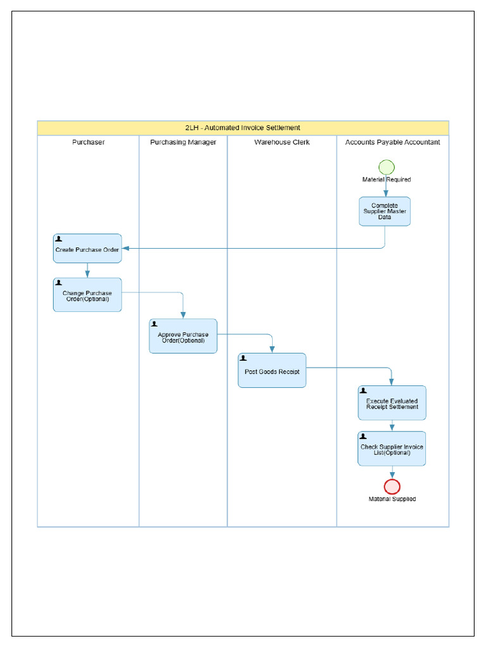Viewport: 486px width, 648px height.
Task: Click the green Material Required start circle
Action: pos(386,167)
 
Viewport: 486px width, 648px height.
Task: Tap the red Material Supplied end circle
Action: pos(392,486)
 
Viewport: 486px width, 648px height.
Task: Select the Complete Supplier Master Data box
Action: pos(385,211)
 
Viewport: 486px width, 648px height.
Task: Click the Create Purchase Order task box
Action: pos(87,249)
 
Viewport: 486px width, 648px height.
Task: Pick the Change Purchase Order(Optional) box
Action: pos(87,295)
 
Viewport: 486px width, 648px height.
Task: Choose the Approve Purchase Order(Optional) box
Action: pos(183,336)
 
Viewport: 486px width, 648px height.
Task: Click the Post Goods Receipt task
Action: pos(271,371)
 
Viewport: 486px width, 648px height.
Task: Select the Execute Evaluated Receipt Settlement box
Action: pos(392,403)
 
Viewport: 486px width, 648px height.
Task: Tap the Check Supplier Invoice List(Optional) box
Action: pos(392,449)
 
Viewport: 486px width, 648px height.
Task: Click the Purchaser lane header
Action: pos(88,142)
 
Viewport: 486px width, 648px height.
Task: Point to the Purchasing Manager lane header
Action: pos(183,142)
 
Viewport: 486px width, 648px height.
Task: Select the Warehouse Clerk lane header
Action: pos(282,142)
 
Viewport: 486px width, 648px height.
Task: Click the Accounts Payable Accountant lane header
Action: pos(392,142)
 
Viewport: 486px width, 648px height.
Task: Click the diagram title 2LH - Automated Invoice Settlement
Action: pos(243,128)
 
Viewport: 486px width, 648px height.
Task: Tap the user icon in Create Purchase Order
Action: pos(59,239)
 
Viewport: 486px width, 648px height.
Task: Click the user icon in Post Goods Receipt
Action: pos(244,358)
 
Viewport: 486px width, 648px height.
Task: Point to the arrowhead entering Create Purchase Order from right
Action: pos(125,249)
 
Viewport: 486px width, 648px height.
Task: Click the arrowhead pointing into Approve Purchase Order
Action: pos(183,315)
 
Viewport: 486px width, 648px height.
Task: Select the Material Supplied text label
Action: pos(392,499)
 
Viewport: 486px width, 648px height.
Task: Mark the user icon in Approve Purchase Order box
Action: pos(155,324)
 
